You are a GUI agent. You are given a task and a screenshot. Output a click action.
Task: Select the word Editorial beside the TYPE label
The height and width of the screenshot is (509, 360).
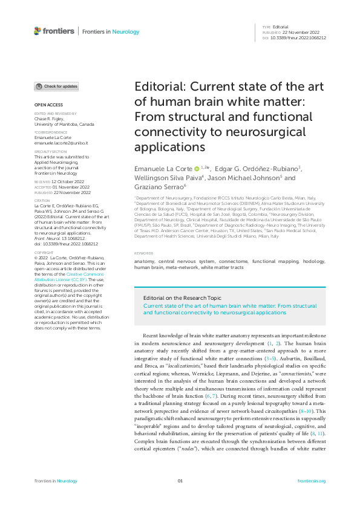coord(281,27)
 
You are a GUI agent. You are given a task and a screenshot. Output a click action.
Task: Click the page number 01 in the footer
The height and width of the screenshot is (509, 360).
coord(180,481)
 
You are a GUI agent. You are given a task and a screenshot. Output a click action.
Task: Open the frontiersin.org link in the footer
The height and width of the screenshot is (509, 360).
coord(312,481)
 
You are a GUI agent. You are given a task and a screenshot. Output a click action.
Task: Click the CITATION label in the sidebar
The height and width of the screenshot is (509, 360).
coord(42,200)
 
